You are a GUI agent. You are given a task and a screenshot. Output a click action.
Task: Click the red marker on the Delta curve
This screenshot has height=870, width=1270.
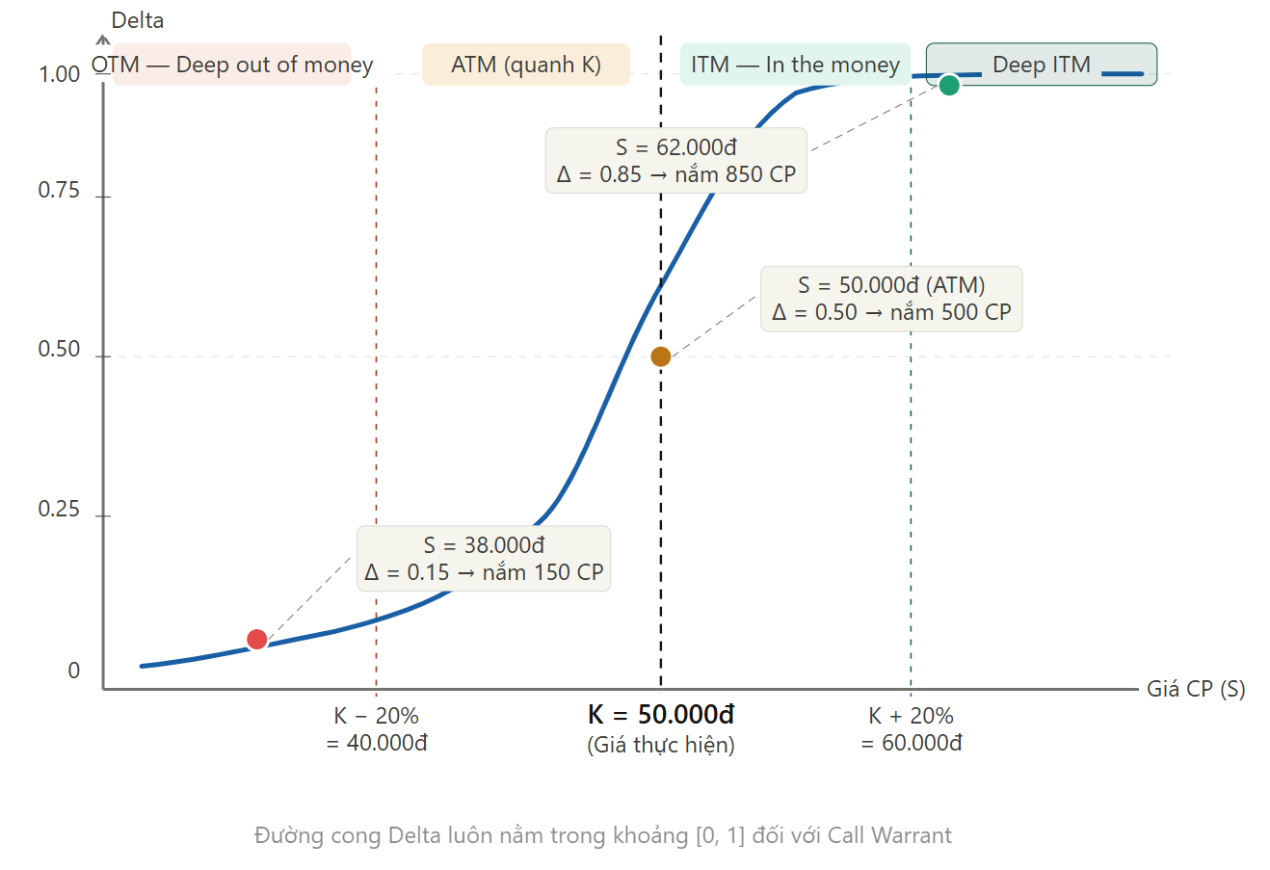pos(256,640)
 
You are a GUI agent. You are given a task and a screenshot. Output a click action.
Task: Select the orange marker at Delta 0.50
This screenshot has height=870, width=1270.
pos(661,356)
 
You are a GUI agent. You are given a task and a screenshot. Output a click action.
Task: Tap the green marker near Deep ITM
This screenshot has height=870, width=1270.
pos(949,85)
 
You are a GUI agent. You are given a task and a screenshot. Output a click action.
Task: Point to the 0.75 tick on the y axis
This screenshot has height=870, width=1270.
pos(59,191)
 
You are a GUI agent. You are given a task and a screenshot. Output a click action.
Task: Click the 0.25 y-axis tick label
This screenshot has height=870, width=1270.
pos(59,510)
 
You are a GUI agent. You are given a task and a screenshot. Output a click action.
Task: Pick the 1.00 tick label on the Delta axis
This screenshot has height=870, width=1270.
pos(59,75)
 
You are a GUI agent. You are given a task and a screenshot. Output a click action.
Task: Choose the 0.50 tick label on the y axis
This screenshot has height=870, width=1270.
pos(59,350)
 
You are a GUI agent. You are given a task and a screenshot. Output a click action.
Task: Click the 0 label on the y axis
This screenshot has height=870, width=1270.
pos(74,672)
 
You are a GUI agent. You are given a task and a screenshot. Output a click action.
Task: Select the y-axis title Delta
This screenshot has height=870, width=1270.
pos(138,20)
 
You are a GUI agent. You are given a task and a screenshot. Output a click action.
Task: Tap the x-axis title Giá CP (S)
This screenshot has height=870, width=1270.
pos(1196,689)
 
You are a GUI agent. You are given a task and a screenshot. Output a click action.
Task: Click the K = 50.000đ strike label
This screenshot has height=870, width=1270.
pos(661,715)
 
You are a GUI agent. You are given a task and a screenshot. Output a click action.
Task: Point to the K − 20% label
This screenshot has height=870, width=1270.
pos(376,716)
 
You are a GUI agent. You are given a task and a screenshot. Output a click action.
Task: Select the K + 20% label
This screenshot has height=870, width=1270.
pos(911,716)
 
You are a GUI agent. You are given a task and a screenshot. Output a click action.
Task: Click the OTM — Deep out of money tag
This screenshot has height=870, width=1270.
pos(232,65)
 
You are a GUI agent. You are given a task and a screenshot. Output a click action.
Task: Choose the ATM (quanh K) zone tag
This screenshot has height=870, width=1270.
pos(526,65)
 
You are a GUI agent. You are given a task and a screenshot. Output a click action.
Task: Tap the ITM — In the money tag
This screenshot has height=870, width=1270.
pos(795,65)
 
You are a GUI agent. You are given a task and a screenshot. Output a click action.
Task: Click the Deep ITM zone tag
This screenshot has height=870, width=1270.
pos(1041,65)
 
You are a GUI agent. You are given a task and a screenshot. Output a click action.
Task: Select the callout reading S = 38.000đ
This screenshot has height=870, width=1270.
pos(484,559)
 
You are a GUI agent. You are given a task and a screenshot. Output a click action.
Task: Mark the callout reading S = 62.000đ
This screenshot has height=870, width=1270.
pos(676,161)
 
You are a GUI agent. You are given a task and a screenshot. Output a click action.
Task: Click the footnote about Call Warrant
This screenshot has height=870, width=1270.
pos(603,835)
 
